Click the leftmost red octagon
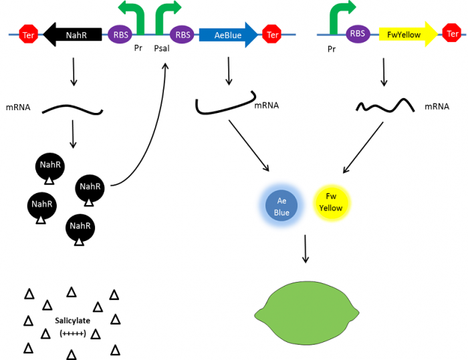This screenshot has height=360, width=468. click(28, 33)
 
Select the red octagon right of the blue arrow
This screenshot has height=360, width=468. click(271, 33)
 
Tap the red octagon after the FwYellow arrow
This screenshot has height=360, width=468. click(451, 33)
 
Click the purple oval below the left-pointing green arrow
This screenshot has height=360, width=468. click(120, 34)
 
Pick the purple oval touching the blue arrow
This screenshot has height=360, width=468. click(182, 34)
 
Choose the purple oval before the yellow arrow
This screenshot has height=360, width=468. click(358, 34)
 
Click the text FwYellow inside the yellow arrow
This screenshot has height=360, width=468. click(404, 35)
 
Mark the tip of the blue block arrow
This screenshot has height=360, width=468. click(257, 35)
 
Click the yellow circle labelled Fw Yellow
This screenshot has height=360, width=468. click(332, 202)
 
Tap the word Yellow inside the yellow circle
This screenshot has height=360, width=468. click(330, 208)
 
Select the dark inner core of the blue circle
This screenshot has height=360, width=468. click(281, 206)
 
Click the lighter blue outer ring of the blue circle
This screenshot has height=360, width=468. click(260, 206)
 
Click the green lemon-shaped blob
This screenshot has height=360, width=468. click(307, 313)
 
